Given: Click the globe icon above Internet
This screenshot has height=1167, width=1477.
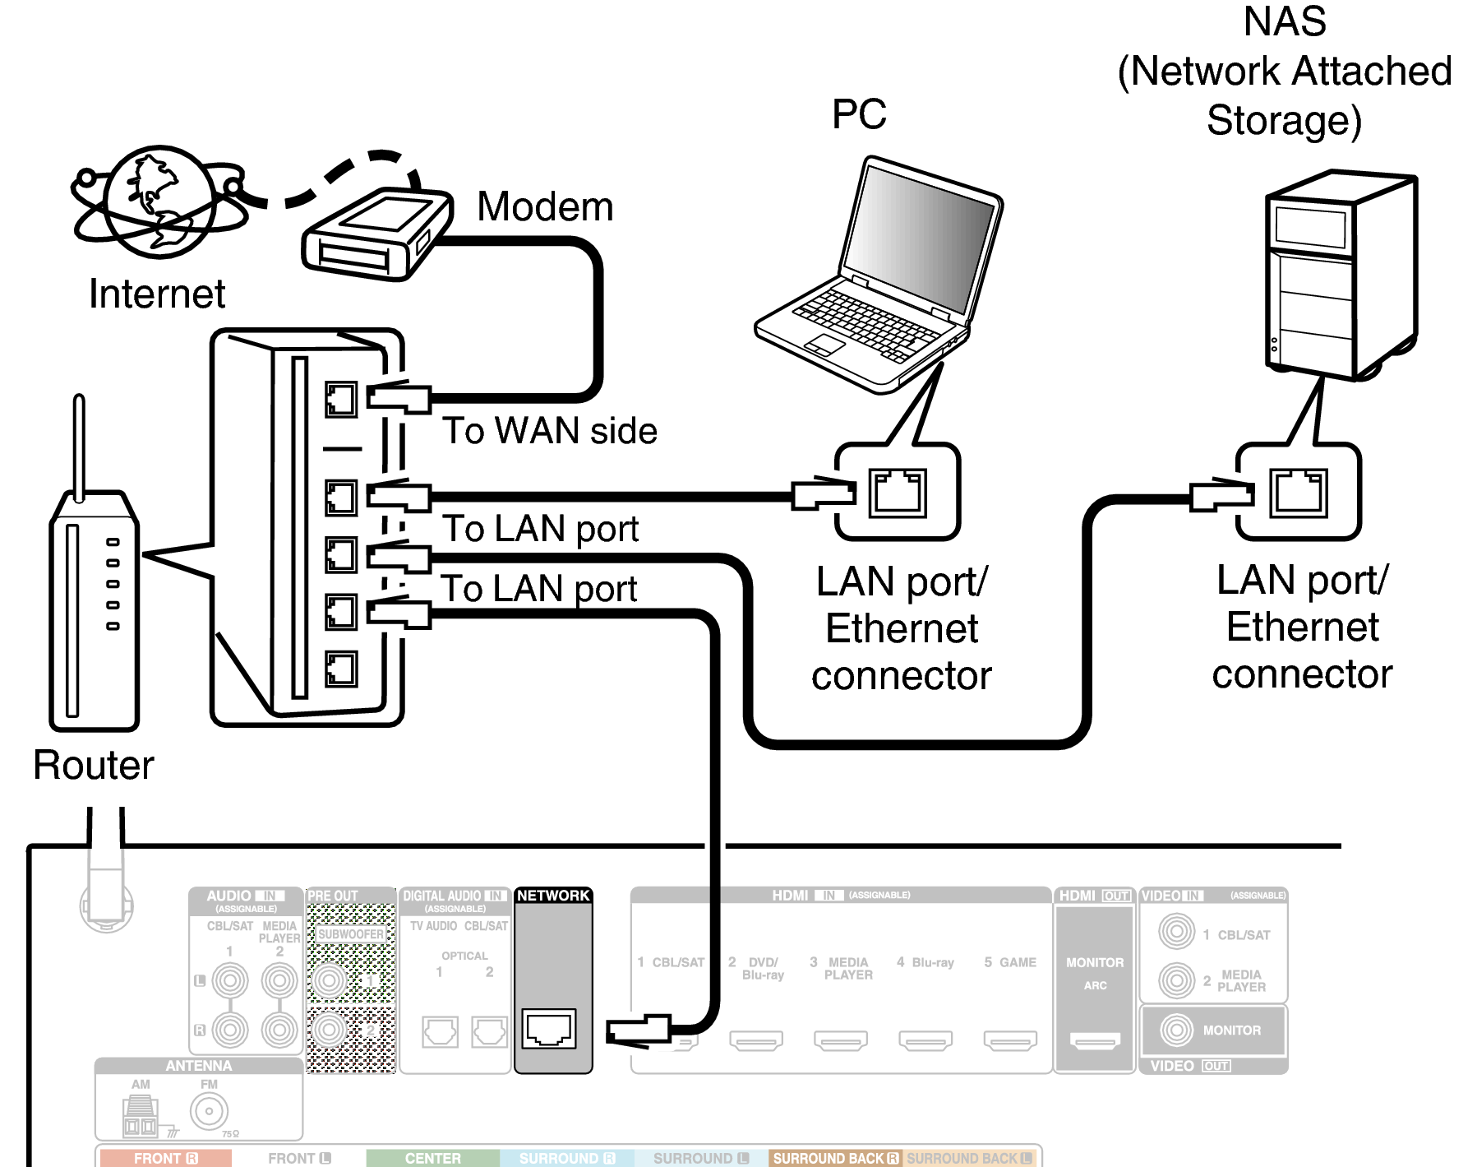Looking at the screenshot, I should (159, 201).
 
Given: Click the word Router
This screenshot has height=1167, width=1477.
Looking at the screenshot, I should (93, 765).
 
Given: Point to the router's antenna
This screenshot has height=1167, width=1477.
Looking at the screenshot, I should (79, 444).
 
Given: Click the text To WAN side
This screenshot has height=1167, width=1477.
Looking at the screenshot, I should (549, 431).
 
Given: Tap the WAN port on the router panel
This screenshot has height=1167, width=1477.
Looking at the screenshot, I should (340, 400).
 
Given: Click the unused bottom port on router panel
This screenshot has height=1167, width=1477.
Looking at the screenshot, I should (340, 669).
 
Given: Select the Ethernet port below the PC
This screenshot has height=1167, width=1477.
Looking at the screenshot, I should (898, 493).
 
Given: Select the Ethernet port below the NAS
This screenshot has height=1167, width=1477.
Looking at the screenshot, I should (1298, 493).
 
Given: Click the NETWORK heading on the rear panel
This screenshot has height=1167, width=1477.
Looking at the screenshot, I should (553, 896).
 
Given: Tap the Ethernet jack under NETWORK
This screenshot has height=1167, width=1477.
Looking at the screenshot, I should (549, 1028).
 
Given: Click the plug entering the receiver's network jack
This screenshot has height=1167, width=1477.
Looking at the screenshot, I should (638, 1030).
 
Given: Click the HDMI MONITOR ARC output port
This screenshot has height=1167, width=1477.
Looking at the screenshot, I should (1095, 1041).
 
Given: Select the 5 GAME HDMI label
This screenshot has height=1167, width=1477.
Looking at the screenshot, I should (1010, 962).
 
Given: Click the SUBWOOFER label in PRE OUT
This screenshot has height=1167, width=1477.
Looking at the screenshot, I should (351, 934).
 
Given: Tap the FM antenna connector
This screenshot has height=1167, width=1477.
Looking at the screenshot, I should (209, 1111).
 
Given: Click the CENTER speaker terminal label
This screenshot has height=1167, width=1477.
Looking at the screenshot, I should (432, 1158).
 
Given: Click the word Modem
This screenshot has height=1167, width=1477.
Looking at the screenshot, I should (545, 206).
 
